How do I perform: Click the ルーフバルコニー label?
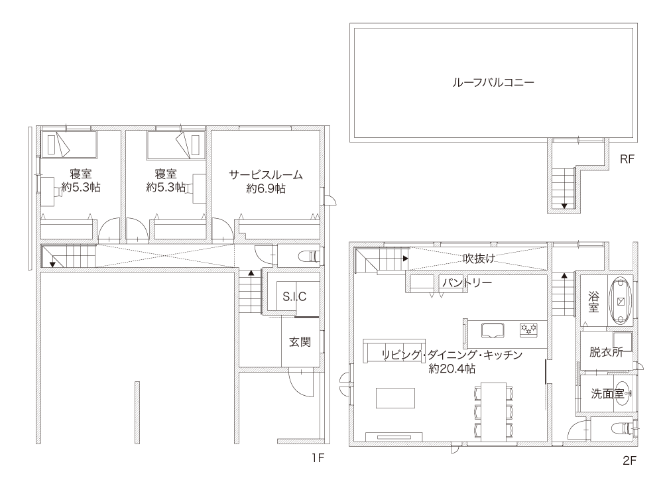(x=493, y=82)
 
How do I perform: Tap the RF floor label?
(x=627, y=159)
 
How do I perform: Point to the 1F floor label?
(x=318, y=458)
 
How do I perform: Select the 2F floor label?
(x=629, y=461)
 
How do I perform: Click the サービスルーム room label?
(x=266, y=174)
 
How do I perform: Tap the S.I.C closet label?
(x=294, y=296)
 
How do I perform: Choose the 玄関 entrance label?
(x=300, y=341)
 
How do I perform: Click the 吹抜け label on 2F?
(x=479, y=258)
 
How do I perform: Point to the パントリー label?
(x=467, y=282)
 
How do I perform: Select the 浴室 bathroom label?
(x=593, y=302)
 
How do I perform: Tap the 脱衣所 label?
(x=606, y=352)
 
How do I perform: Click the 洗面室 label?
(x=607, y=394)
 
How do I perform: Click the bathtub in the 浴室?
(x=621, y=301)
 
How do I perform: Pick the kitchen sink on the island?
(x=492, y=330)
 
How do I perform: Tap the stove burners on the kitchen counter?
(x=528, y=330)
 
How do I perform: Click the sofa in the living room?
(x=394, y=351)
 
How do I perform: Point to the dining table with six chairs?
(x=493, y=412)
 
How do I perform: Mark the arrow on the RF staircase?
(x=564, y=206)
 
